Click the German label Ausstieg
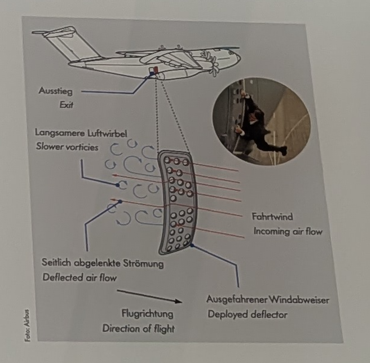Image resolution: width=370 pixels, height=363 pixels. [x=55, y=91]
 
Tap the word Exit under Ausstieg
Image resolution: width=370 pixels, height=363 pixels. [x=66, y=104]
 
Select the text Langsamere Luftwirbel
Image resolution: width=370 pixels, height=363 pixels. [x=81, y=133]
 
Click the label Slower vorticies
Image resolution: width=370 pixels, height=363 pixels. [x=67, y=147]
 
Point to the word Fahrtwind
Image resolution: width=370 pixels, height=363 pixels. [x=272, y=217]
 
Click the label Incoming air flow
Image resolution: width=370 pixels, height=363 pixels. [x=288, y=231]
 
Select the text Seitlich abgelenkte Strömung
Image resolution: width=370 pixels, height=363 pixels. [x=102, y=263]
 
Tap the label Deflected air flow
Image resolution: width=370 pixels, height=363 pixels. [x=79, y=277]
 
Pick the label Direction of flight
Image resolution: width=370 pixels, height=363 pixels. [x=138, y=329]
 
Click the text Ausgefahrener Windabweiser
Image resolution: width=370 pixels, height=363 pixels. [x=268, y=300]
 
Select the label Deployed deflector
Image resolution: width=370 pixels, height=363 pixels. [x=248, y=314]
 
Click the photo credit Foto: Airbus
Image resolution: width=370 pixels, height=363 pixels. [x=27, y=325]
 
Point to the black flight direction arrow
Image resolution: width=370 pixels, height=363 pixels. [x=150, y=296]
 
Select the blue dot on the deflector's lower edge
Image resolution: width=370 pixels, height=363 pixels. [x=192, y=245]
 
